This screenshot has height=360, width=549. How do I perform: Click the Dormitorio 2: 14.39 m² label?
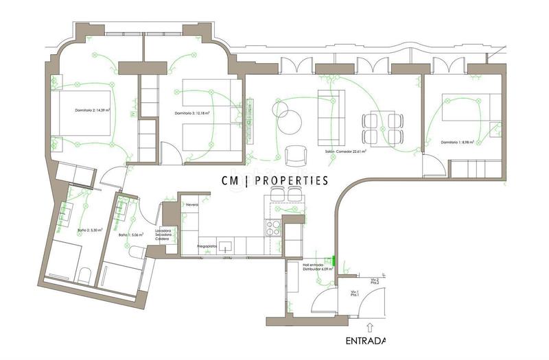click(x=93, y=110)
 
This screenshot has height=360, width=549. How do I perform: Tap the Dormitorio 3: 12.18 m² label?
click(x=191, y=113)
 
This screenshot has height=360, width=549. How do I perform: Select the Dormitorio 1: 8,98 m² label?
click(x=458, y=143)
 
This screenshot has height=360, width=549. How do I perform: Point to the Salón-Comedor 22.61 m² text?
click(x=346, y=152)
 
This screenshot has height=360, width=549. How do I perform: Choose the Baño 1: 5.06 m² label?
click(x=130, y=235)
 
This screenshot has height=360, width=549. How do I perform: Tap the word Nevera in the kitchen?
click(x=191, y=204)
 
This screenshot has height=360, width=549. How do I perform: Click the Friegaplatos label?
click(x=208, y=245)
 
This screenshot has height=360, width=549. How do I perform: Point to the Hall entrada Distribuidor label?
click(x=318, y=267)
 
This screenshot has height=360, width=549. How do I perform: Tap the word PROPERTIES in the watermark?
click(x=293, y=180)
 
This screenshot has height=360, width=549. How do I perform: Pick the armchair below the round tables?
click(x=296, y=156)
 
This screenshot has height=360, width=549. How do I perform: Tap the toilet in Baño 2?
click(x=83, y=275)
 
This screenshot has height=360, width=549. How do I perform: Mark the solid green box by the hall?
click(x=333, y=260)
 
